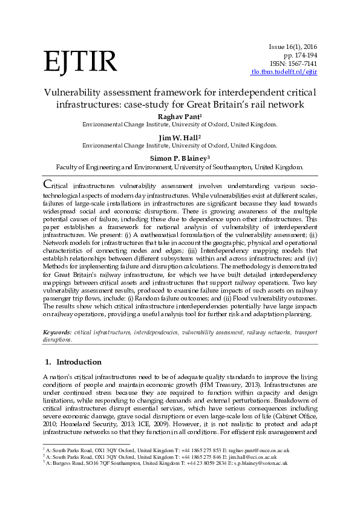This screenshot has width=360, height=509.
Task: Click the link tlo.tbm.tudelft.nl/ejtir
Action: [x=284, y=72]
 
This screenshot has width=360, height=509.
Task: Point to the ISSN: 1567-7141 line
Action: [x=292, y=63]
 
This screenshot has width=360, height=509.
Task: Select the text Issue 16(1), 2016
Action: [x=293, y=47]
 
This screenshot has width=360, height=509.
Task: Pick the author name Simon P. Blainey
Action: [x=180, y=158]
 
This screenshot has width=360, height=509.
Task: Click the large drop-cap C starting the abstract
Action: [x=47, y=184]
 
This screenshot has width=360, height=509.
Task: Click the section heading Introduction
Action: [x=79, y=362]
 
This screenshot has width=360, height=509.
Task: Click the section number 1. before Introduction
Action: [x=48, y=362]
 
